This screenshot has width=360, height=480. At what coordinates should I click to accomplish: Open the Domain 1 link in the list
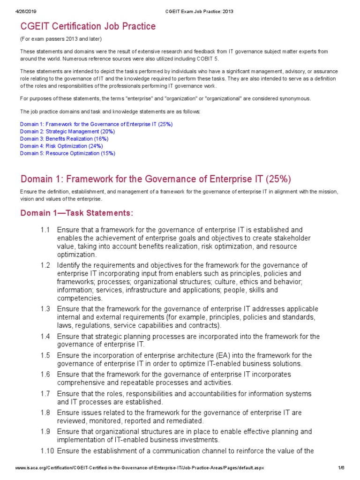[x=96, y=124]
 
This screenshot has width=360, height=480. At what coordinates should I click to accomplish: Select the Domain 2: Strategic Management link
[x=67, y=132]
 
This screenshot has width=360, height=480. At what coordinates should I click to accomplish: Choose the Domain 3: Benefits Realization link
[x=64, y=139]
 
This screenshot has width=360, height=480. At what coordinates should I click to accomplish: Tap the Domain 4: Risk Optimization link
[x=61, y=146]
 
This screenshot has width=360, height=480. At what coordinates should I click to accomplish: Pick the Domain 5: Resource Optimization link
[x=67, y=153]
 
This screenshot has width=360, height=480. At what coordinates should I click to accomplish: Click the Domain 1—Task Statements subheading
[x=77, y=213]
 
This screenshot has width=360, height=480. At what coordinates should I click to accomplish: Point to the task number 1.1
[x=45, y=230]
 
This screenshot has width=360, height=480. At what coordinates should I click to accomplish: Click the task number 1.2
[x=45, y=265]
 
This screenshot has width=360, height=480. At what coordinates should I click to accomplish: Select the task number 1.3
[x=45, y=309]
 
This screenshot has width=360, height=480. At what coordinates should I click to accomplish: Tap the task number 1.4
[x=45, y=337]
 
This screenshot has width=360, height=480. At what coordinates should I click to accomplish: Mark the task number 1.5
[x=45, y=355]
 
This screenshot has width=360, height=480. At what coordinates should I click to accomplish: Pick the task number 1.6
[x=45, y=375]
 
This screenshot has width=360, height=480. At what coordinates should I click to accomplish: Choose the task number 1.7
[x=45, y=394]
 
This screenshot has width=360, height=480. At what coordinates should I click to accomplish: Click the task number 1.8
[x=45, y=412]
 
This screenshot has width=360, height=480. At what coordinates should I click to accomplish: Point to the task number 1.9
[x=45, y=432]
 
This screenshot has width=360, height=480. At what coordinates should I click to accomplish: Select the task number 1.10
[x=47, y=451]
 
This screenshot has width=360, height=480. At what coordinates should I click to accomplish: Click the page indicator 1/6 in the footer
[x=341, y=468]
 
